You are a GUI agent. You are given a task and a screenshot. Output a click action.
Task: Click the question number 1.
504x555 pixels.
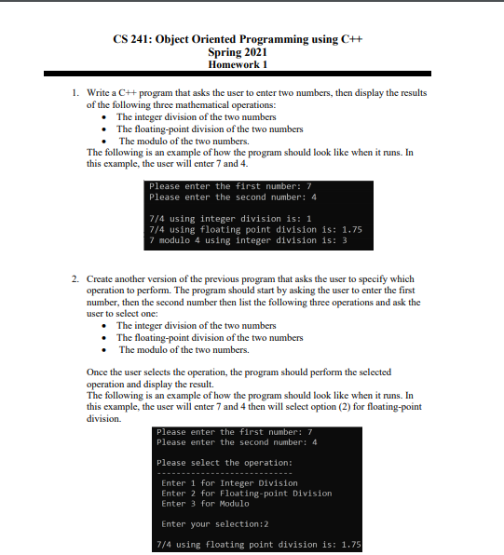(x=75, y=94)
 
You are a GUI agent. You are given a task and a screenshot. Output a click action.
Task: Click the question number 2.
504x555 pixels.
(x=75, y=278)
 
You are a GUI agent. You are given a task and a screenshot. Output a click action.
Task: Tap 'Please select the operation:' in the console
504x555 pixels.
(x=225, y=462)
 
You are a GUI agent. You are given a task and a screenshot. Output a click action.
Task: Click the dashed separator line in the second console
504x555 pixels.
(x=228, y=473)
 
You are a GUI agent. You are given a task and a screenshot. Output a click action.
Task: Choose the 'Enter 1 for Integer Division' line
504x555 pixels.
(x=229, y=483)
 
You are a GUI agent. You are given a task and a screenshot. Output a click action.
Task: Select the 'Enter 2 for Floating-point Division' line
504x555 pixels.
(x=246, y=494)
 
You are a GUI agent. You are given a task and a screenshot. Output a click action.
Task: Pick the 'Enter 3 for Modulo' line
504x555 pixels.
(x=206, y=504)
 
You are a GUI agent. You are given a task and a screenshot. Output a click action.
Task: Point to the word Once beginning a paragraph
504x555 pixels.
(x=98, y=372)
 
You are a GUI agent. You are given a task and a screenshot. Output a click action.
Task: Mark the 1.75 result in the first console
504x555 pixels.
(x=351, y=229)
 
